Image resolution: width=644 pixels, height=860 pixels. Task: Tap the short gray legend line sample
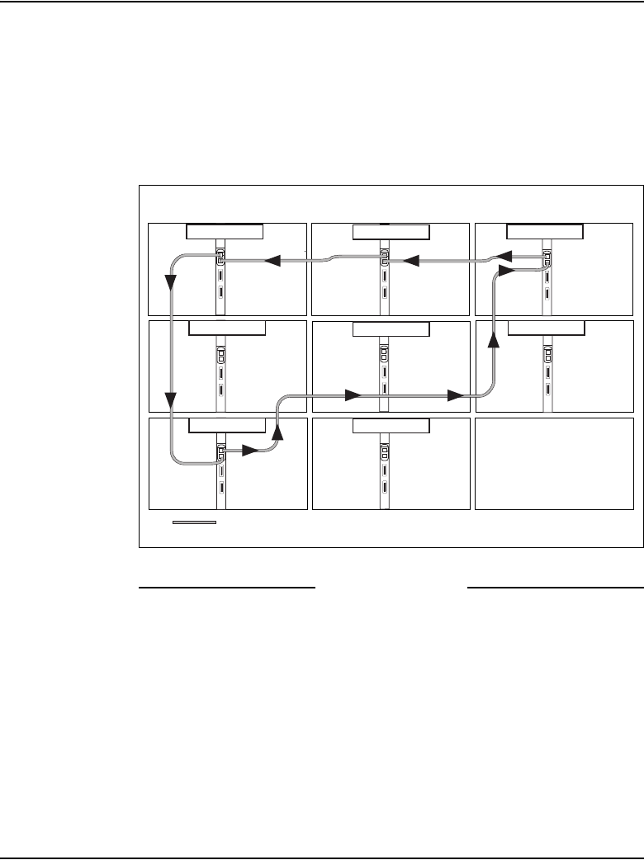[x=194, y=522]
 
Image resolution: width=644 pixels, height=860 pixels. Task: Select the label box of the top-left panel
[x=225, y=230]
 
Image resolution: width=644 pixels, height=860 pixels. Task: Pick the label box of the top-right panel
[x=545, y=230]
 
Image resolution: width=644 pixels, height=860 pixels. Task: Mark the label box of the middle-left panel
[x=227, y=328]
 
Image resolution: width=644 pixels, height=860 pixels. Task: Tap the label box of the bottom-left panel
[x=227, y=426]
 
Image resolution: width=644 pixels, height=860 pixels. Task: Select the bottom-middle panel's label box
[x=391, y=426]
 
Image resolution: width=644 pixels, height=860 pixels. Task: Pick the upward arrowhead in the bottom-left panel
[x=277, y=432]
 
